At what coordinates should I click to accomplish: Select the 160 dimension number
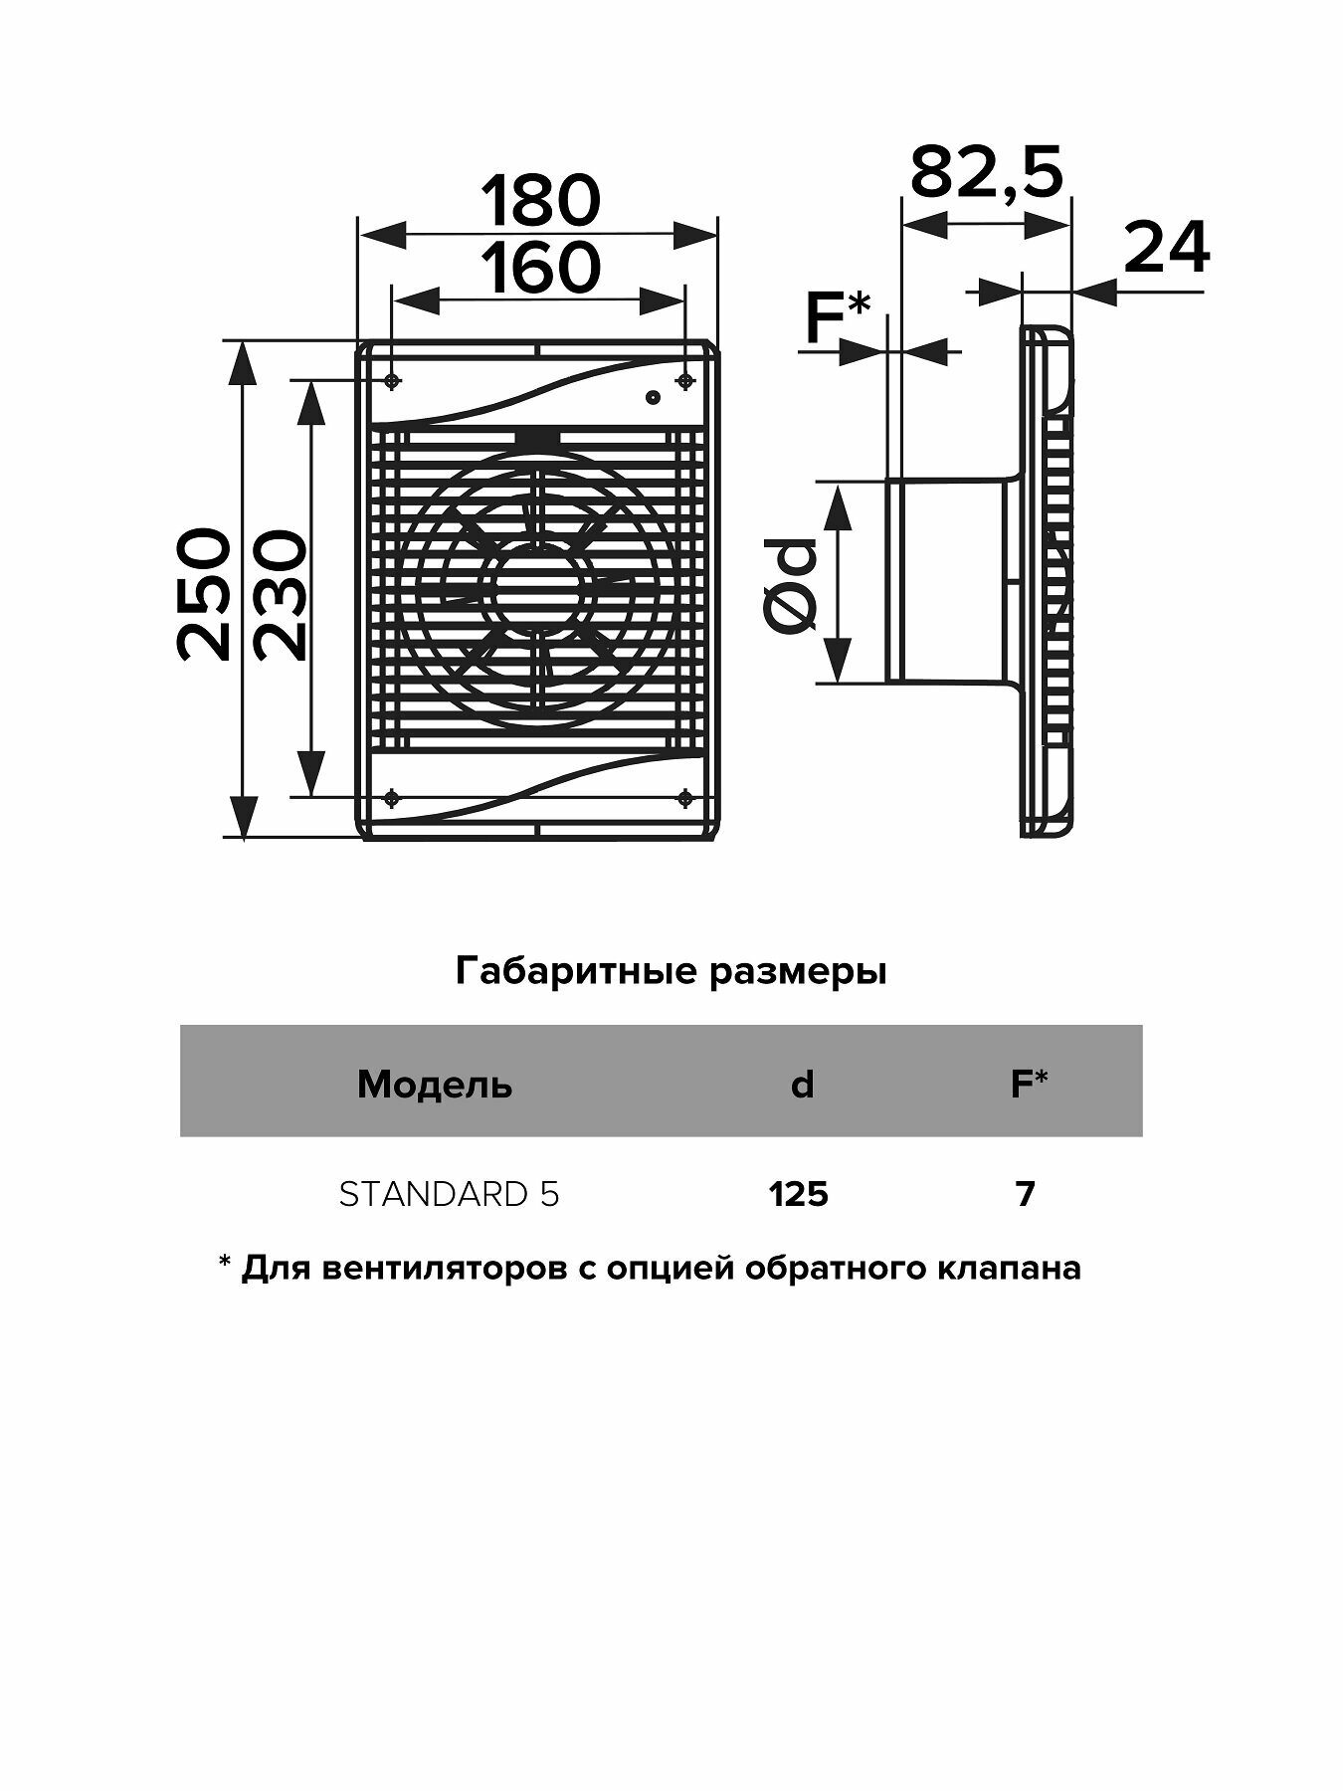click(x=541, y=268)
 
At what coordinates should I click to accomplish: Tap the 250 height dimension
click(x=205, y=594)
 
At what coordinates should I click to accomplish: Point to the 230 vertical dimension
click(x=277, y=594)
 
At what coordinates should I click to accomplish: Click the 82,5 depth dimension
click(x=986, y=171)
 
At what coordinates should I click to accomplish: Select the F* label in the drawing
click(x=837, y=318)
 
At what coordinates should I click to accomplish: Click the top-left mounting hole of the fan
click(x=393, y=381)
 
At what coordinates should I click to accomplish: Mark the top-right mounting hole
click(x=684, y=381)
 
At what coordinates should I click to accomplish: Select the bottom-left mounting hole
click(x=393, y=797)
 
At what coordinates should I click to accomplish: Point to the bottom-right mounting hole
click(x=684, y=797)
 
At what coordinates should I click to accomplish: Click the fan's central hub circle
click(x=538, y=590)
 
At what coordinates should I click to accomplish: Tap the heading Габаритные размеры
click(x=671, y=970)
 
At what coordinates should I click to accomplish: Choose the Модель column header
click(x=435, y=1084)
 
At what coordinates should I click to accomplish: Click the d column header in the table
click(x=802, y=1084)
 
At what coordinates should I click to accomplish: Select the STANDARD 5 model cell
click(x=449, y=1193)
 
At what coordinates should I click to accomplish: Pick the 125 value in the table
click(x=799, y=1193)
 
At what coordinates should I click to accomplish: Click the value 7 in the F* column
click(x=1026, y=1193)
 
